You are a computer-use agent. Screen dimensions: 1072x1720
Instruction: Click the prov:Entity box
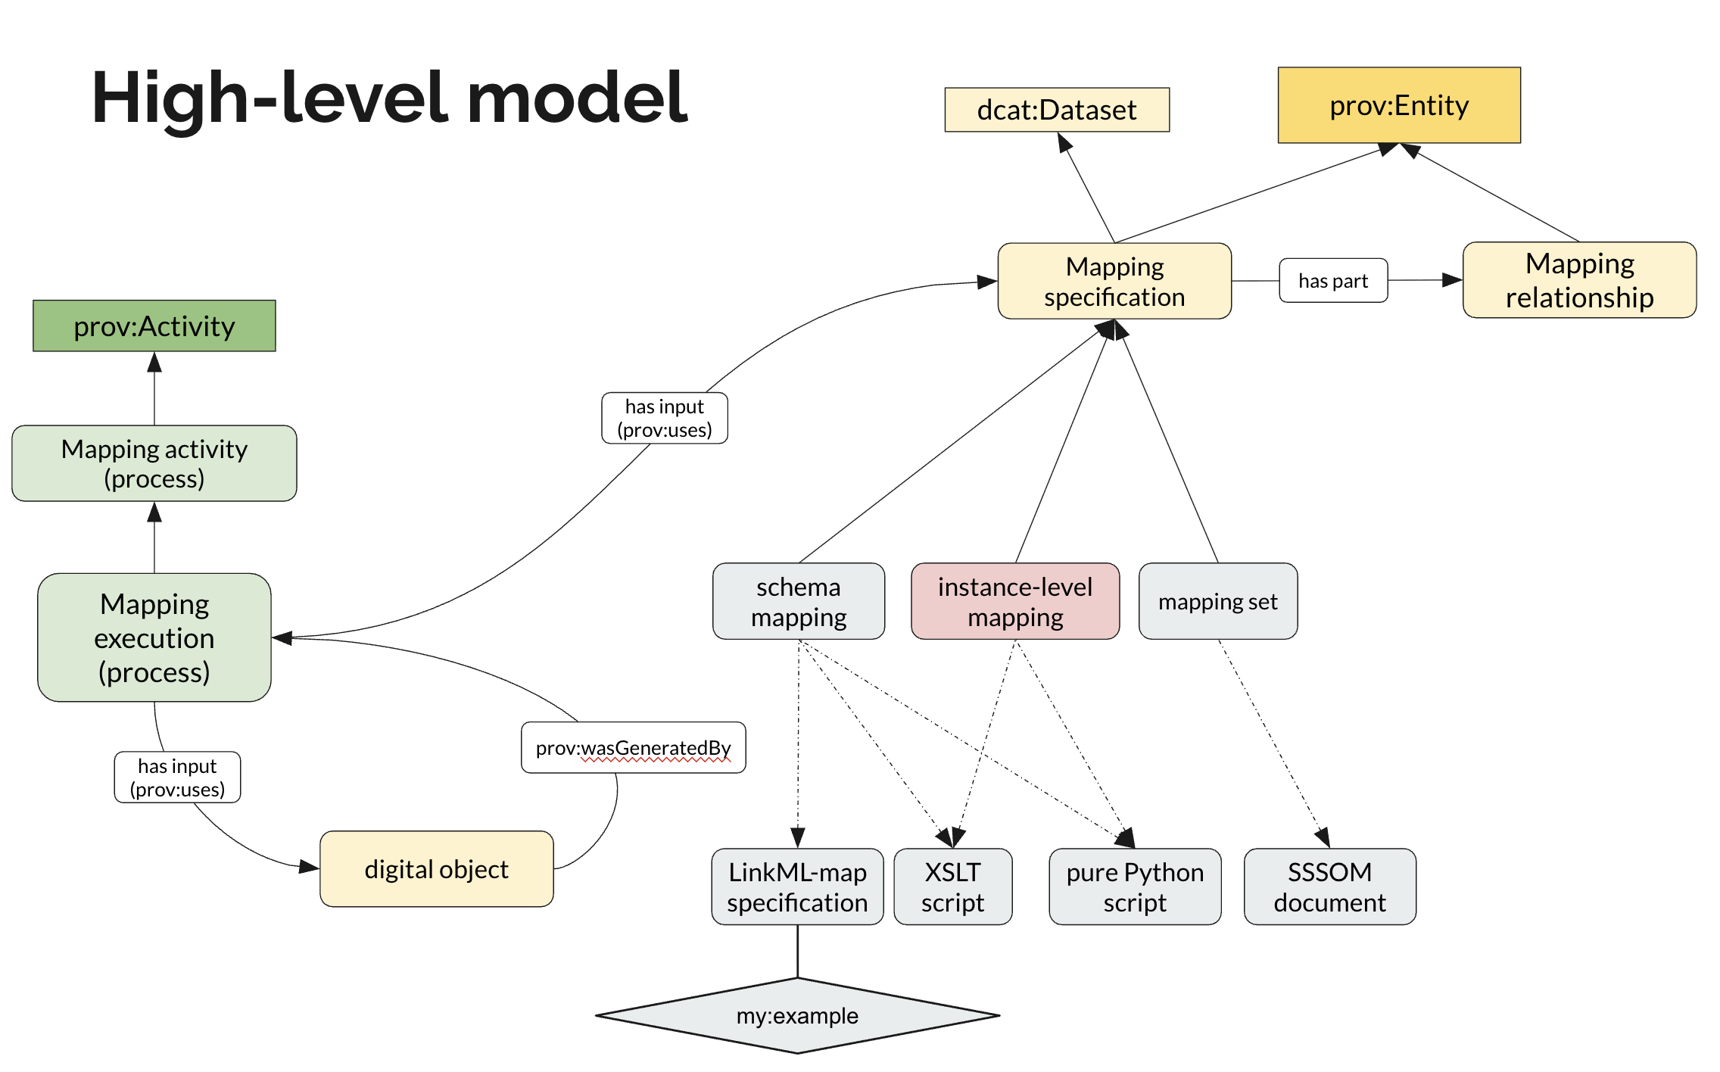1398,105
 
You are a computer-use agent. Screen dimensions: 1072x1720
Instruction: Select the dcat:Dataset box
1056,110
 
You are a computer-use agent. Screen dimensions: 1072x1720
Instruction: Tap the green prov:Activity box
154,326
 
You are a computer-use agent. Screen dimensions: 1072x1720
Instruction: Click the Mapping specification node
1114,282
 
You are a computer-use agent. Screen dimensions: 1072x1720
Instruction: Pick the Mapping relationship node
1578,280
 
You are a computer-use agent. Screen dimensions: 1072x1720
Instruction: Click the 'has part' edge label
1332,281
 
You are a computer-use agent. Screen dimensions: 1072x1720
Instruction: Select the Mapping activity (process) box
154,463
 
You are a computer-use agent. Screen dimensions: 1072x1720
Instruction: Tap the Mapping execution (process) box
154,637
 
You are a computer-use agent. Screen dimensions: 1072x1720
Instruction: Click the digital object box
436,869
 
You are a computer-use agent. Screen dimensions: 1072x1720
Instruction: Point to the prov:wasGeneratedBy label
633,748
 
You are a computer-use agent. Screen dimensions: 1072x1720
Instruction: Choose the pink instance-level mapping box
1014,602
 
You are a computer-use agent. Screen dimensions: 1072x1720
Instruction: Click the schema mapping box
798,602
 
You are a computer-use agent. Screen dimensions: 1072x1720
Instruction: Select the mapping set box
1217,602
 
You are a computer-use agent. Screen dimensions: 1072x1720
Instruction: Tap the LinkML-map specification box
797,887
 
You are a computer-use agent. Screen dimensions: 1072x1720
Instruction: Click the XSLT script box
952,887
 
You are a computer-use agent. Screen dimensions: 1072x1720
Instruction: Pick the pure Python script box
1134,887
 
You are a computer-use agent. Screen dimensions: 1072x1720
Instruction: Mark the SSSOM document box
1329,887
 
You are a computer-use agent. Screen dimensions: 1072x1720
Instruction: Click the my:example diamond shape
797,1015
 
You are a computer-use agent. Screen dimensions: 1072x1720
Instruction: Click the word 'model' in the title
577,98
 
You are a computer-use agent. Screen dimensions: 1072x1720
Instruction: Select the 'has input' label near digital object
177,778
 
